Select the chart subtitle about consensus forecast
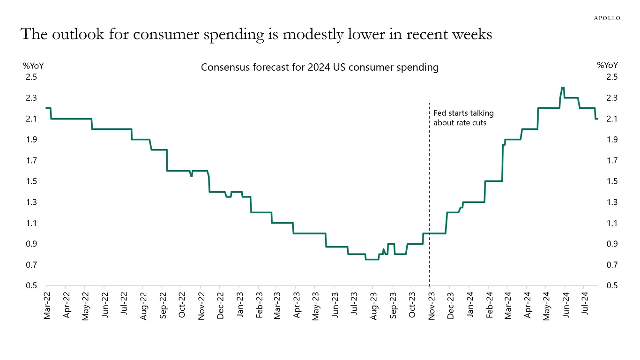point(320,67)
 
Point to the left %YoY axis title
point(33,66)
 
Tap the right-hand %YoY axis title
point(607,66)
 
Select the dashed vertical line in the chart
point(430,187)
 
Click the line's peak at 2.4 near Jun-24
point(563,87)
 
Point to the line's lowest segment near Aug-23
point(372,259)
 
